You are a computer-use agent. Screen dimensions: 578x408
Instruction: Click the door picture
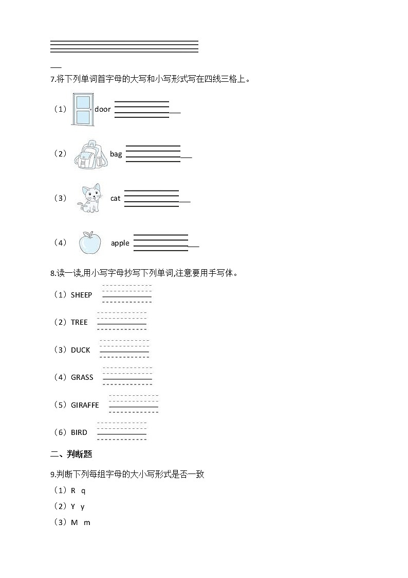coord(82,110)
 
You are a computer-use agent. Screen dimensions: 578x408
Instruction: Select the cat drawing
coord(89,198)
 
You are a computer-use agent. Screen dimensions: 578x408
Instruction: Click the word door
coord(103,109)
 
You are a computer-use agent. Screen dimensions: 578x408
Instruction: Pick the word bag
coord(116,154)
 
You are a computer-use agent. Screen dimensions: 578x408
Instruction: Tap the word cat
coord(115,198)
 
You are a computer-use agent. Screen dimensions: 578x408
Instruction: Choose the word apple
coord(120,243)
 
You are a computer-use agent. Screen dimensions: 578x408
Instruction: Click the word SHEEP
coord(81,295)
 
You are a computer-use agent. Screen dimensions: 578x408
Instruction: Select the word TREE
coord(79,322)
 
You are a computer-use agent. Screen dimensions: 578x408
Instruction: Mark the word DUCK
coord(80,350)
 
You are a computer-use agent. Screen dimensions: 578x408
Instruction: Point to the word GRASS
coord(82,377)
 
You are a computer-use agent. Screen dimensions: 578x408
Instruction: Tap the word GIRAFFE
coord(85,405)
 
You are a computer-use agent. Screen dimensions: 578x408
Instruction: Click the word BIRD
coord(79,432)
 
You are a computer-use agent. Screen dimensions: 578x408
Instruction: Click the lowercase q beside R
coord(83,491)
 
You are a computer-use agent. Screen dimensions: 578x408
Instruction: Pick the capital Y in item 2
coord(73,506)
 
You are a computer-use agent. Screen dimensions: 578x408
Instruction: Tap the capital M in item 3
coord(74,522)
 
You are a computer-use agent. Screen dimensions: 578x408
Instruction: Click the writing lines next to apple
coord(161,243)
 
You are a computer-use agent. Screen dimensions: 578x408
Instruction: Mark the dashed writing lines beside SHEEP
coord(127,293)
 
